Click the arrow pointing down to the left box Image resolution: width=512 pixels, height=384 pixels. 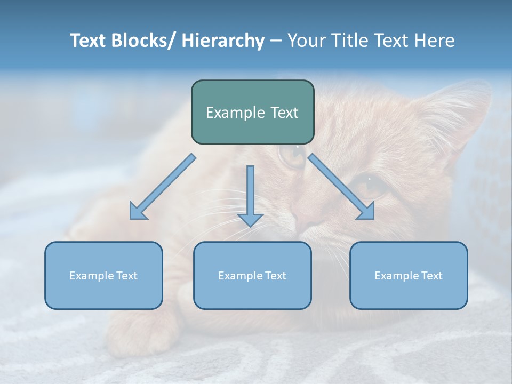tap(162, 187)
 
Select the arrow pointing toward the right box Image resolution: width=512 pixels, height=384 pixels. tap(341, 187)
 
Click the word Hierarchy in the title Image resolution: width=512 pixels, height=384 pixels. tap(223, 41)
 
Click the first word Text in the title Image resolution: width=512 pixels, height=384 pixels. tap(89, 41)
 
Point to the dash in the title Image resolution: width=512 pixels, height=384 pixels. tap(276, 41)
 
